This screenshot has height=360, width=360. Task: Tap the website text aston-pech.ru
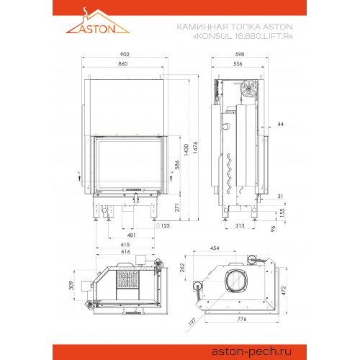click(251, 351)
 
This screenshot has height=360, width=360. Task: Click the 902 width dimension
click(125, 54)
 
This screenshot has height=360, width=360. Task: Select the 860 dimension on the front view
click(123, 64)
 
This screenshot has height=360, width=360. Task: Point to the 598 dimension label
click(240, 54)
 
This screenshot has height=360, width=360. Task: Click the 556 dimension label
click(238, 64)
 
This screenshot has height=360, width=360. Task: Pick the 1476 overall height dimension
click(195, 148)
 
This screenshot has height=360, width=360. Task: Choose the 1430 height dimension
click(186, 150)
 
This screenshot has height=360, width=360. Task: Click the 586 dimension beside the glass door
click(177, 165)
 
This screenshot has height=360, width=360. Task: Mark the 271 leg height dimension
click(177, 207)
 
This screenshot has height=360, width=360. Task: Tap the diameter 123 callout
click(163, 225)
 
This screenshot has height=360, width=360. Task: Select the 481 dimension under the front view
click(131, 235)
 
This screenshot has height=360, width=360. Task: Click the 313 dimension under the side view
click(240, 225)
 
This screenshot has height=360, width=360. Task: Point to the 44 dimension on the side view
click(280, 124)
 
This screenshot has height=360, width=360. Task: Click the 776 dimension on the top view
click(242, 319)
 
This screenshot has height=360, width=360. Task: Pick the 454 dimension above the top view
click(215, 248)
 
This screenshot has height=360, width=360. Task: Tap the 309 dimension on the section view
click(71, 285)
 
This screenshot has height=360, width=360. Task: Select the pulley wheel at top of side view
click(249, 88)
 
